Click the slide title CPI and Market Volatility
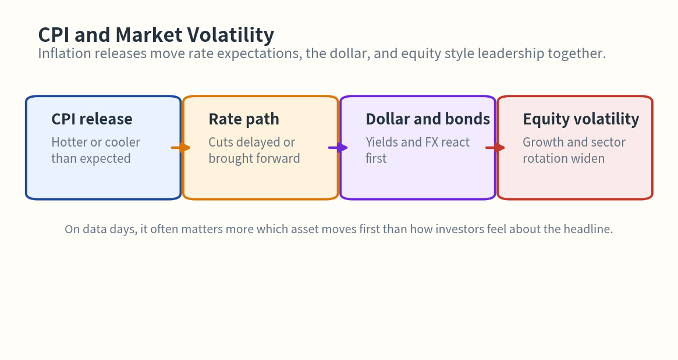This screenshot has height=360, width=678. tap(156, 35)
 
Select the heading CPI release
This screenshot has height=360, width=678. tap(92, 119)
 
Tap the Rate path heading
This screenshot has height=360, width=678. tap(244, 119)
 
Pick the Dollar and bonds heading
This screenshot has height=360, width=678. tap(428, 119)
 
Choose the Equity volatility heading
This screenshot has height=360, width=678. tap(581, 119)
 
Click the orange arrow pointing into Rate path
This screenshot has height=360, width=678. tap(181, 148)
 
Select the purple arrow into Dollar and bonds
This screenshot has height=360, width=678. tap(338, 148)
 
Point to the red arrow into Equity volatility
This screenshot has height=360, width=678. tap(495, 148)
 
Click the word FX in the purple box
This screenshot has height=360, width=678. tap(431, 142)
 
